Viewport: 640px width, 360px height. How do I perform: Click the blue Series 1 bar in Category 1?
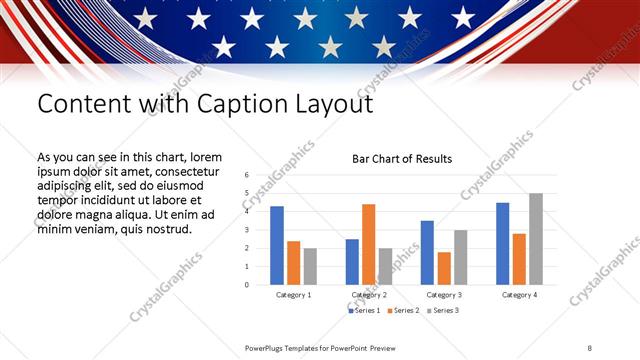coord(277,246)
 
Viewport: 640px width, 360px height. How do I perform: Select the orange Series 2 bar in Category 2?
coord(369,245)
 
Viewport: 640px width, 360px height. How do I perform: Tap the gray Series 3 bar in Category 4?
coord(536,239)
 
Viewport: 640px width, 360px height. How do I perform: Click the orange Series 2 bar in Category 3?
coord(444,268)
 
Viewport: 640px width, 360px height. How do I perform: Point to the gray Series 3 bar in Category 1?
coord(310,266)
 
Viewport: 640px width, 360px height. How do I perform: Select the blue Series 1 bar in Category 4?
coord(502,244)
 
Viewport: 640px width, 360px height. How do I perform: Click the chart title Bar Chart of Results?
coord(402,159)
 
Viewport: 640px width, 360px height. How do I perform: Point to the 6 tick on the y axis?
coord(245,175)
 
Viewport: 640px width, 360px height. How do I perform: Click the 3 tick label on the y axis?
coord(245,230)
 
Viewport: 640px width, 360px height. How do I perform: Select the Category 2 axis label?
coord(369,295)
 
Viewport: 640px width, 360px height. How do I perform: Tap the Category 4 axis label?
coord(518,295)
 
